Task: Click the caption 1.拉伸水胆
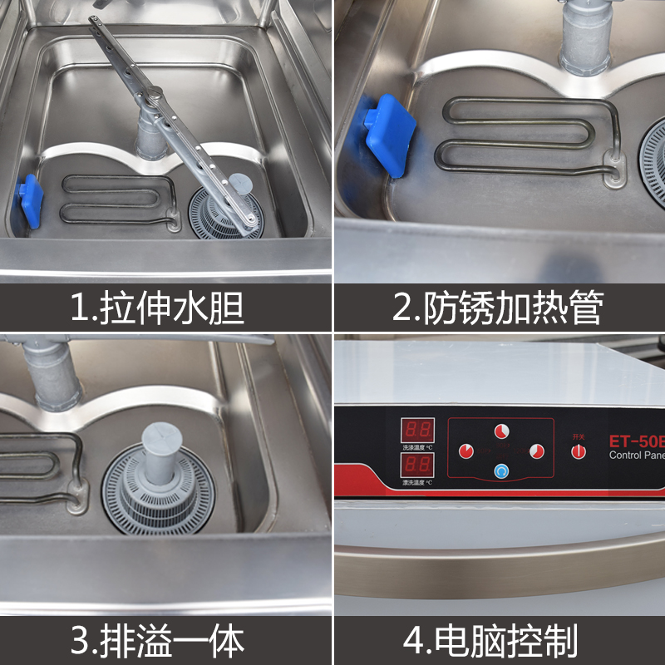tap(157, 308)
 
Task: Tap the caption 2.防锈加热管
tap(497, 308)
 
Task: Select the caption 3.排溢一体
tap(157, 641)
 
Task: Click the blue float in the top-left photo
tap(30, 201)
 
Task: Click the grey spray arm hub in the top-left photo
tap(150, 131)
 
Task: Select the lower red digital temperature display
tap(416, 464)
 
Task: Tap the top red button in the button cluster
tap(501, 431)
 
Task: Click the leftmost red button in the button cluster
tap(465, 451)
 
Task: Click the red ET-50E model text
tap(637, 436)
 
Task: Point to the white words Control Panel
tap(637, 455)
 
